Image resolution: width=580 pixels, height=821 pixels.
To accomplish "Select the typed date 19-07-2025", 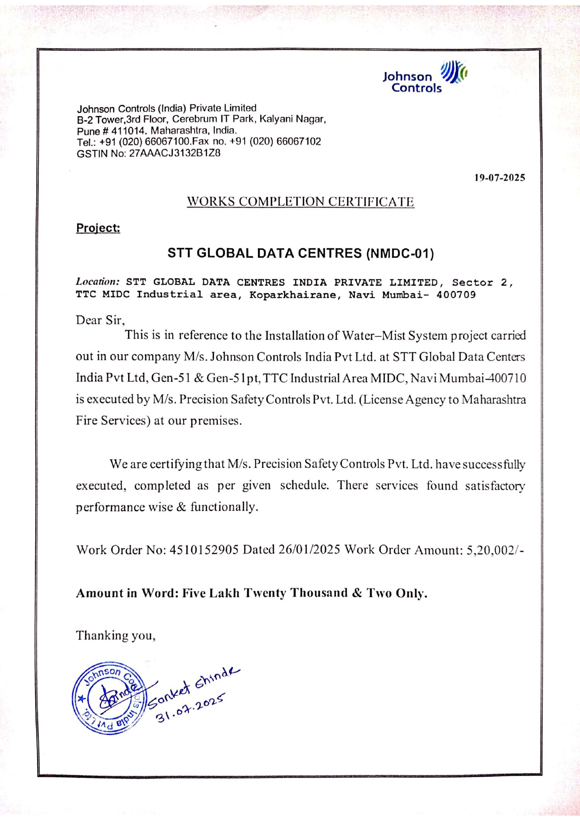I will pyautogui.click(x=500, y=178).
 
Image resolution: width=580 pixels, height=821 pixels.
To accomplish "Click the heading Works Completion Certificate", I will pyautogui.click(x=300, y=202).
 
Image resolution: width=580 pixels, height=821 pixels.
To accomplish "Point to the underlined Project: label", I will pyautogui.click(x=98, y=228).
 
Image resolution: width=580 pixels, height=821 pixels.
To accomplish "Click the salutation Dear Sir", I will pyautogui.click(x=100, y=320).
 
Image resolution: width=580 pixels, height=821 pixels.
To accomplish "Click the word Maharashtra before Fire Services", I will pyautogui.click(x=493, y=399).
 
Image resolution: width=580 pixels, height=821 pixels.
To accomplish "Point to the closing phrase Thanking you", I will pyautogui.click(x=115, y=635).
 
